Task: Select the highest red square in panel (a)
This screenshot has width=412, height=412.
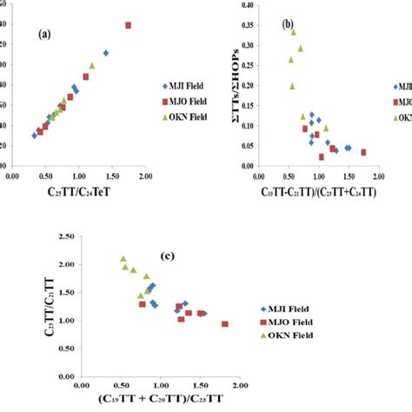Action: (x=128, y=25)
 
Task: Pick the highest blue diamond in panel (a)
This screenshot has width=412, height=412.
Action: (x=106, y=53)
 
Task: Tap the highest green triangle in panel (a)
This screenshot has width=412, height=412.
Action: (x=92, y=65)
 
